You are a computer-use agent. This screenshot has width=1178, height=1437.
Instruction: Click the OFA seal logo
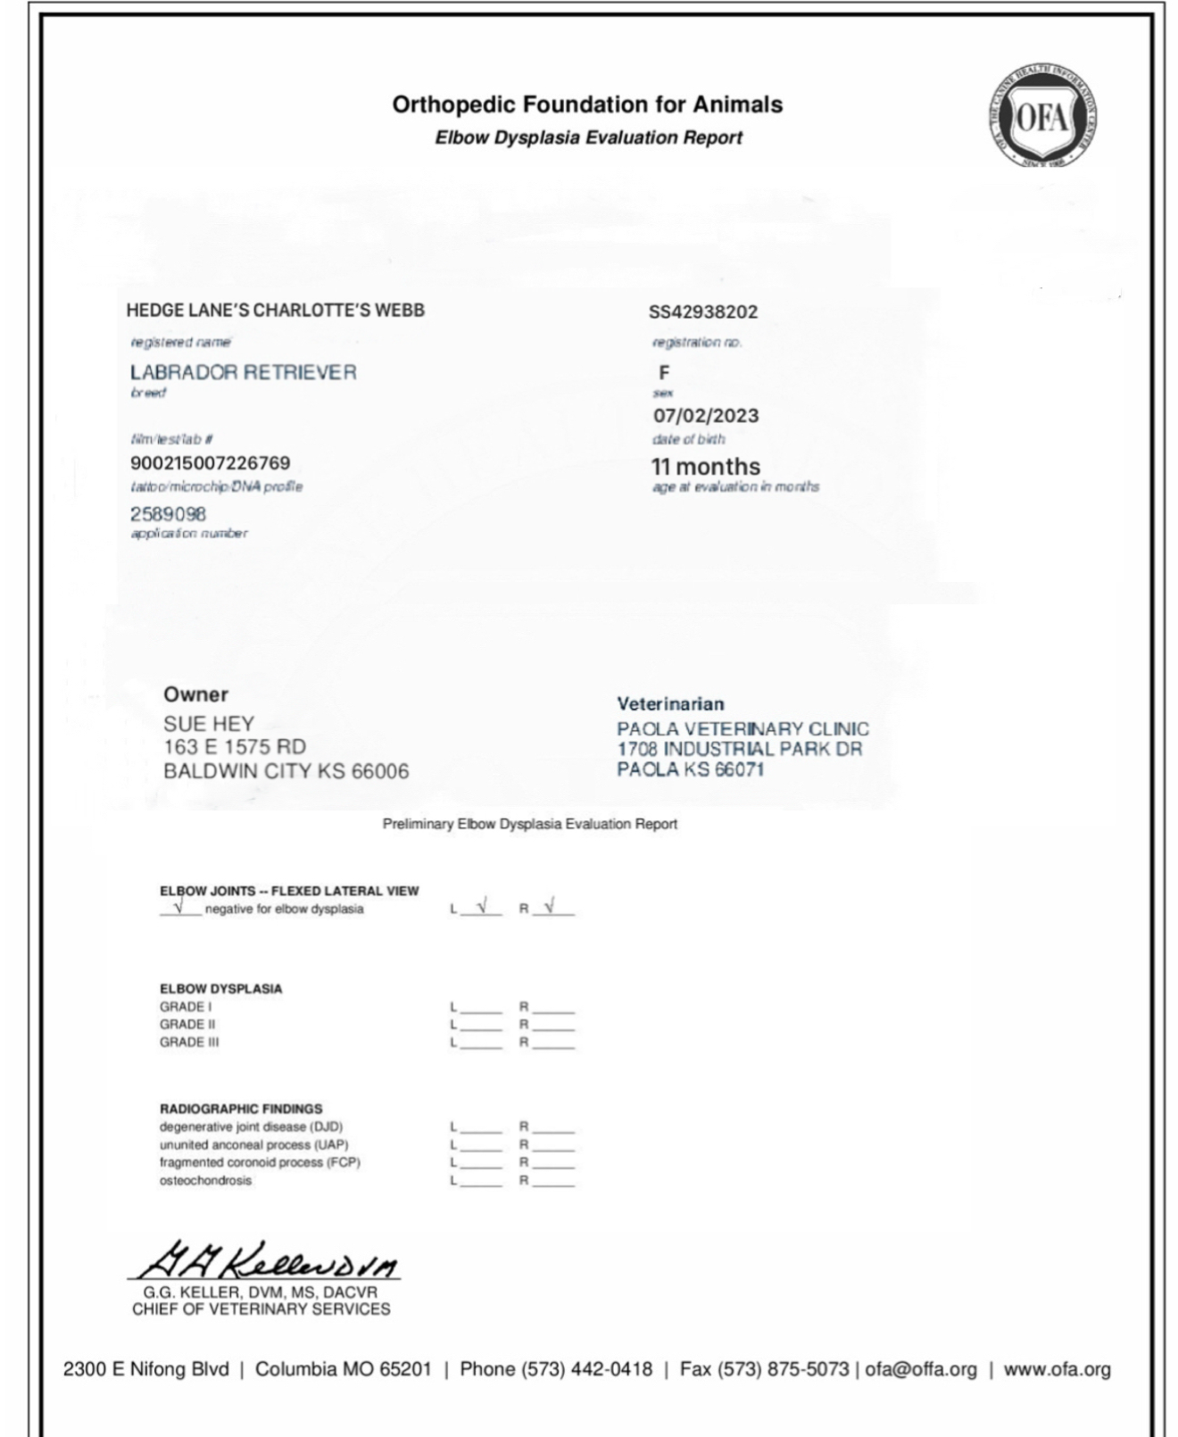1043,117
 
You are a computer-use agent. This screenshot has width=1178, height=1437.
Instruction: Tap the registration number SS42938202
702,311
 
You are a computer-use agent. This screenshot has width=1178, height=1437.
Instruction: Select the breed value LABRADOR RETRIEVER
243,372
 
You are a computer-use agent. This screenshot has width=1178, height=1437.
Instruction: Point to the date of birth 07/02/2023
705,416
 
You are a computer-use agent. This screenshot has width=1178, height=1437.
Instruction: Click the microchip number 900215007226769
210,463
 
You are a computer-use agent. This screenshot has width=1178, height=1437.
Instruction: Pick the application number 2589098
168,514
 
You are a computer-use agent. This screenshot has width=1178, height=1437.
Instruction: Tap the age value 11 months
705,467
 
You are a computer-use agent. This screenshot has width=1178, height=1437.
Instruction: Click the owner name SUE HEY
208,724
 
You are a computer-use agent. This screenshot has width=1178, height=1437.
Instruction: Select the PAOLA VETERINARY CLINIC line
742,729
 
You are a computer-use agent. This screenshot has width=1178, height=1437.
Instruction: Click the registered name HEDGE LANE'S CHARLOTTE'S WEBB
275,311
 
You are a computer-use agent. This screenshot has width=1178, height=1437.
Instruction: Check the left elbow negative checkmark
482,907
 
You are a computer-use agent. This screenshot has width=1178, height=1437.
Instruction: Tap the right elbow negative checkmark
550,907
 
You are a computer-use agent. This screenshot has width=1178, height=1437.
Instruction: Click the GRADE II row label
187,1025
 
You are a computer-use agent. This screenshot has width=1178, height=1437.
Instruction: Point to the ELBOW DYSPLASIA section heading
220,989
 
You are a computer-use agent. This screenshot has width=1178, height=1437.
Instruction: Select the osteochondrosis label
205,1181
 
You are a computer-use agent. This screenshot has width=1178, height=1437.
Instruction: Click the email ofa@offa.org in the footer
920,1369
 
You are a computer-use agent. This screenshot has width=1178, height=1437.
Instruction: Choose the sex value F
663,373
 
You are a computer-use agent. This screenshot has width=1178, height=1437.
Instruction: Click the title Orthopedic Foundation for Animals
587,104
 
